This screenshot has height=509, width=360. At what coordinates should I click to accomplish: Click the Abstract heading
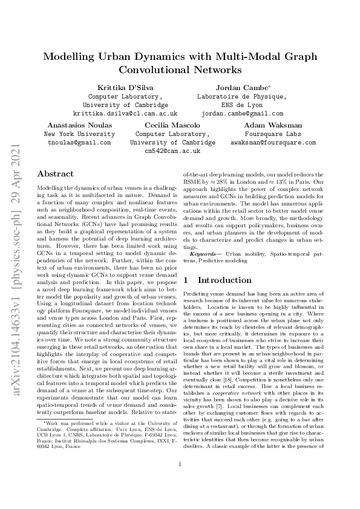point(56,174)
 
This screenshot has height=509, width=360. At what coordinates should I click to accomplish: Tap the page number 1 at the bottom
point(180,481)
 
